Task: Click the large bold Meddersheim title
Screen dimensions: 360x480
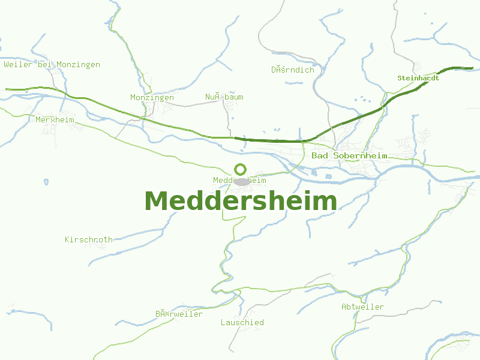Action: click(240, 201)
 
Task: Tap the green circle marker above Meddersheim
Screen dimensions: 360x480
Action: click(240, 169)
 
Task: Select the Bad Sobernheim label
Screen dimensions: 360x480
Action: click(349, 156)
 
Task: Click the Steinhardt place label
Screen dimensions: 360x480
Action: click(418, 78)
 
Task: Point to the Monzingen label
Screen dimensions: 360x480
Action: click(152, 97)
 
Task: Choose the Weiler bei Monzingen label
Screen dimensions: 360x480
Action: click(52, 65)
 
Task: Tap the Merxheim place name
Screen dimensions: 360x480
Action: click(55, 119)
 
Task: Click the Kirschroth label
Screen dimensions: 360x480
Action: click(89, 239)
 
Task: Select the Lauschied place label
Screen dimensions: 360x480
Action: click(242, 322)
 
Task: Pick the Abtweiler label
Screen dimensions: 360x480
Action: click(362, 307)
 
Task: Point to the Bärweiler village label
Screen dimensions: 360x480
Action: click(179, 314)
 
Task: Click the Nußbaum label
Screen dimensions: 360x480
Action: click(224, 97)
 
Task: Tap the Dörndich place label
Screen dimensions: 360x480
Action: click(292, 70)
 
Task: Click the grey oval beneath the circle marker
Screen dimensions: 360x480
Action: click(242, 181)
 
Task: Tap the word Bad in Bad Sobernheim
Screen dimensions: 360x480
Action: click(320, 156)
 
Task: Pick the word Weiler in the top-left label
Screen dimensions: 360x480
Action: click(18, 65)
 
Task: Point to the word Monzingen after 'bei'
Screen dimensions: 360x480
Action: click(78, 65)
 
